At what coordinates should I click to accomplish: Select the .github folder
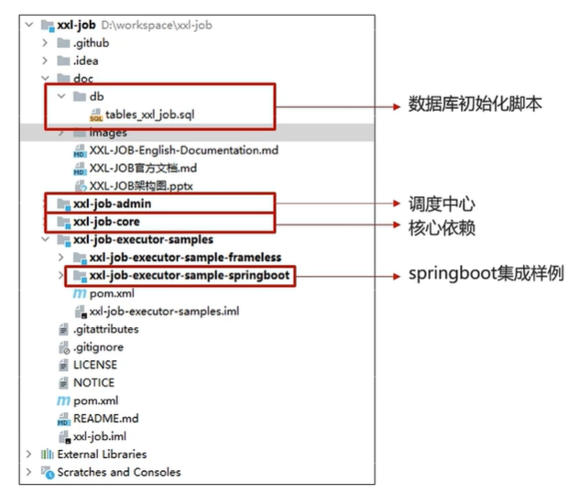pos(91,43)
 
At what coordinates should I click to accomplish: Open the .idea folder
pos(87,60)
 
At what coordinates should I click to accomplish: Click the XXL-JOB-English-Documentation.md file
pos(183,150)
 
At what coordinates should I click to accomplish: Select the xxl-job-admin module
pos(112,203)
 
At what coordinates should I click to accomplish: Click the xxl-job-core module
pos(106,222)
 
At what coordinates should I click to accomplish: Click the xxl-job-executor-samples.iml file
pos(164,312)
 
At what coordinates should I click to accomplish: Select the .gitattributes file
pos(105,329)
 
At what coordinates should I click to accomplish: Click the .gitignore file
pos(98,347)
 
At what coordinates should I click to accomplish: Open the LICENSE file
pos(95,365)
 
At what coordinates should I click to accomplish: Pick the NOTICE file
pos(93,383)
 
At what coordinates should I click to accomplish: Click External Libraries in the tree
pos(102,455)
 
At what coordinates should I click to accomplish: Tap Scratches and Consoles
pos(118,473)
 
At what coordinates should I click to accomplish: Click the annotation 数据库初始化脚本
pos(475,104)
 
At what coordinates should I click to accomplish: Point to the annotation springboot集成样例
pos(486,274)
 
